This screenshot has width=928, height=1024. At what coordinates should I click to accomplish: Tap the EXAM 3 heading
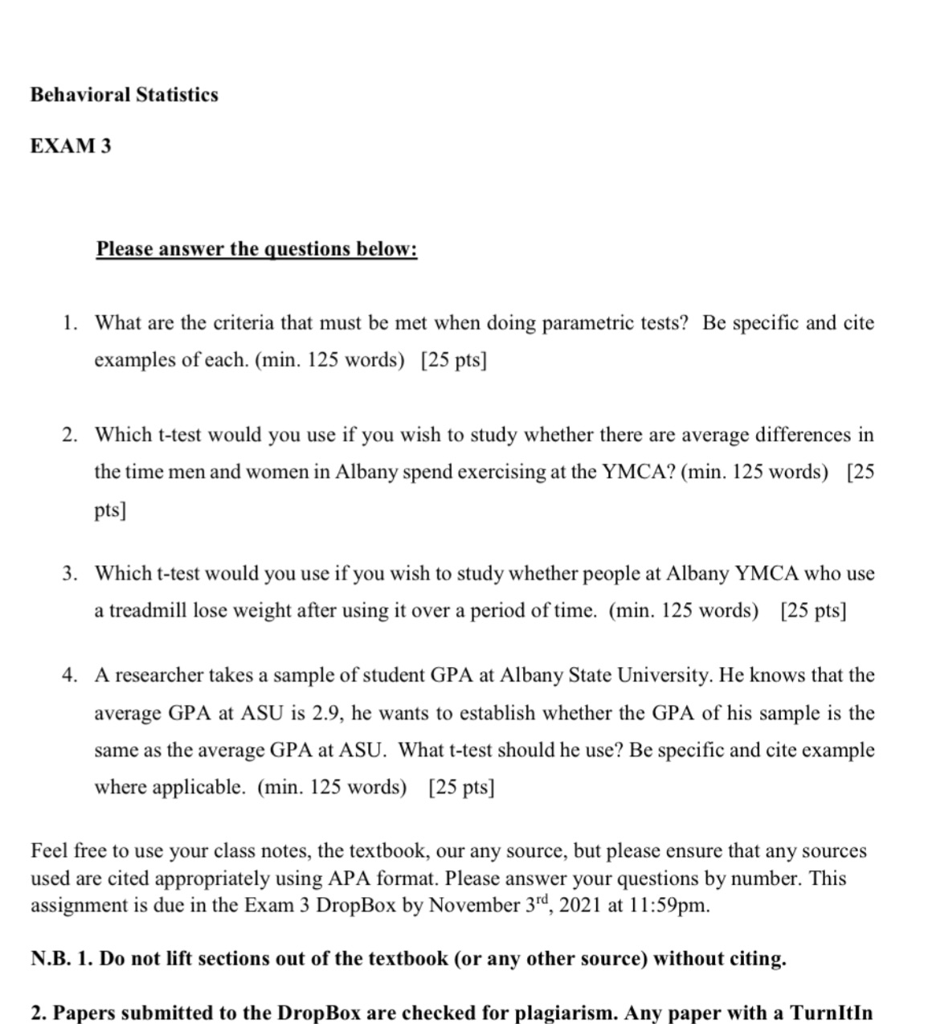point(71,146)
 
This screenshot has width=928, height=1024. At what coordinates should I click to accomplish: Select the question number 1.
point(69,323)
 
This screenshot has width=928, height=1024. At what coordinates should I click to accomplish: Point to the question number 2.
point(69,435)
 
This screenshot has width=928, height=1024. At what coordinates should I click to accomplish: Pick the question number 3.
point(69,573)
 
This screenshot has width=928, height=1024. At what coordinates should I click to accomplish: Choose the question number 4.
point(69,675)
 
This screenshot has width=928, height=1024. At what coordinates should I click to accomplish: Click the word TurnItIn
point(831,1013)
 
